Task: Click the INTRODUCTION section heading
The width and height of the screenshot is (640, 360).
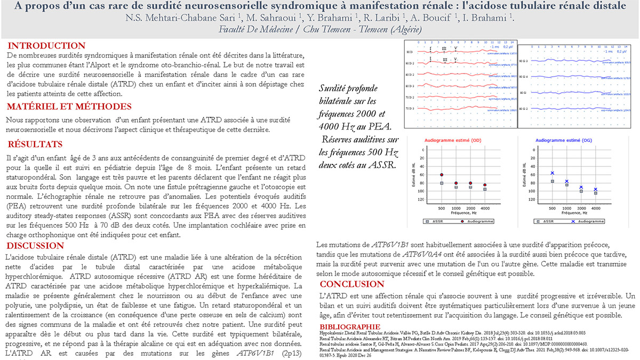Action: coord(46,46)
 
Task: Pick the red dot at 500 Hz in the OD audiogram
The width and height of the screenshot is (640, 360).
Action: coord(441,175)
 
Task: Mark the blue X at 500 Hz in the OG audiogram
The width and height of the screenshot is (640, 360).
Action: coord(553,173)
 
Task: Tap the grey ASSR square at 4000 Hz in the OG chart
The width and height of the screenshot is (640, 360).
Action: coord(596,193)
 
